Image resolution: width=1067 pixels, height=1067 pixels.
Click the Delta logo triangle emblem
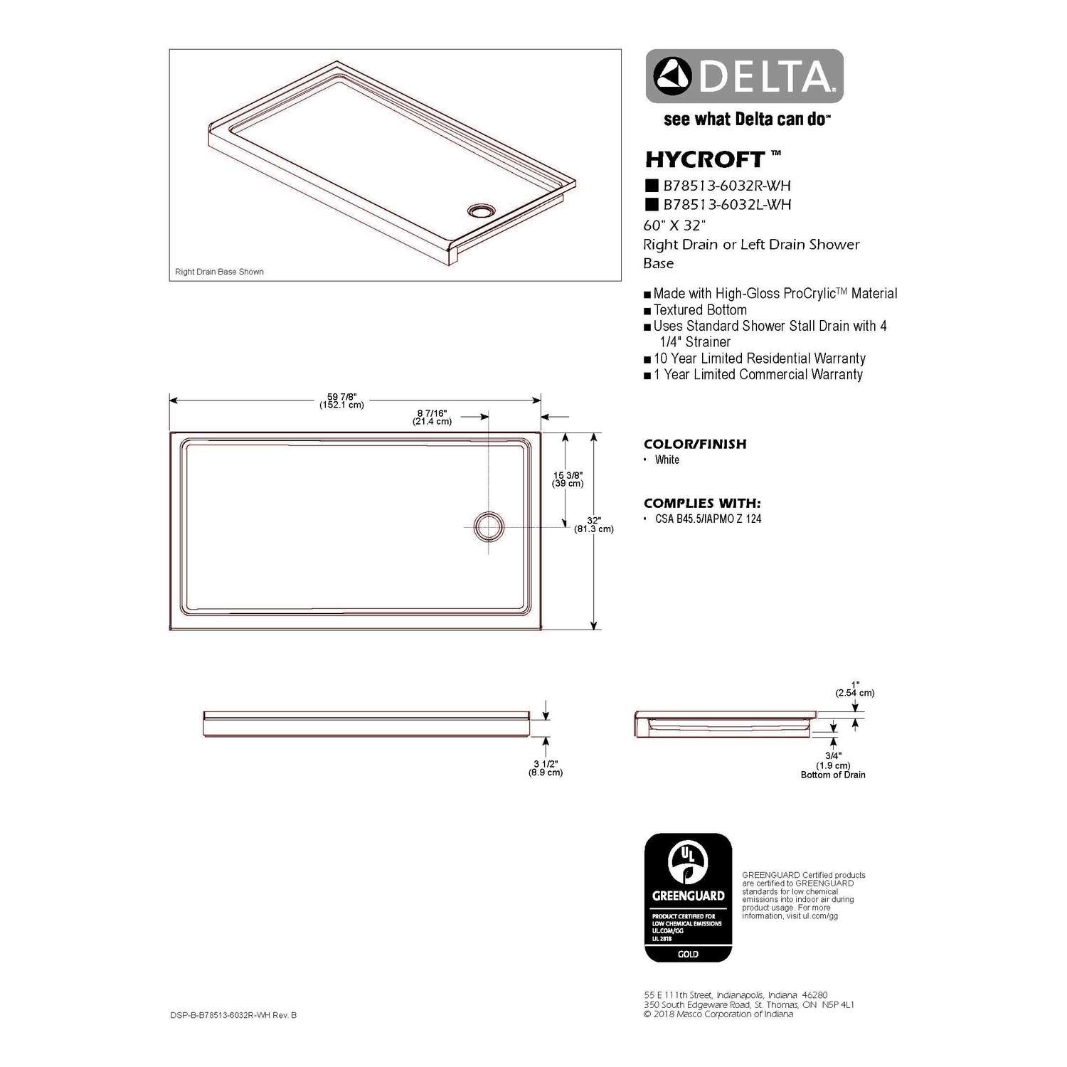point(673,77)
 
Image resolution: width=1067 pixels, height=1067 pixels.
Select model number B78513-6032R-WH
point(726,186)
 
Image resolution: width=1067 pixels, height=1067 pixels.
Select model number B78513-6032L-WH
point(726,205)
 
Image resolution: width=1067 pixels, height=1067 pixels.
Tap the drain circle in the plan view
point(489,526)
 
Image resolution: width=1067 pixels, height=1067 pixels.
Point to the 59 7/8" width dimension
point(341,400)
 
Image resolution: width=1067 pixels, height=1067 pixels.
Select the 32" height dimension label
point(594,525)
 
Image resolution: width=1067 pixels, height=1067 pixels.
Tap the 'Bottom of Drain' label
point(833,775)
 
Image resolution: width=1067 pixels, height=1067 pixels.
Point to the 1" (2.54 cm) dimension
point(855,689)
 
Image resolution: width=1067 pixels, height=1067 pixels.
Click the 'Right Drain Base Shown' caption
point(219,272)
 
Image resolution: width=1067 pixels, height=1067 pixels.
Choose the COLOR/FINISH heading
point(695,444)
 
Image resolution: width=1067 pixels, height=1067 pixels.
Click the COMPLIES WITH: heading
point(701,503)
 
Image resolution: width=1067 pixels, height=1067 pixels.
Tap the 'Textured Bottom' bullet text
point(700,310)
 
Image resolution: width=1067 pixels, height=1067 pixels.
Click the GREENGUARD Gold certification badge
point(688,898)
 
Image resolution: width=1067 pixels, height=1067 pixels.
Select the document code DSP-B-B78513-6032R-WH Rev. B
point(233,1015)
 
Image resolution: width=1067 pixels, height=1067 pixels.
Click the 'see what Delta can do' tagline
point(746,120)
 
